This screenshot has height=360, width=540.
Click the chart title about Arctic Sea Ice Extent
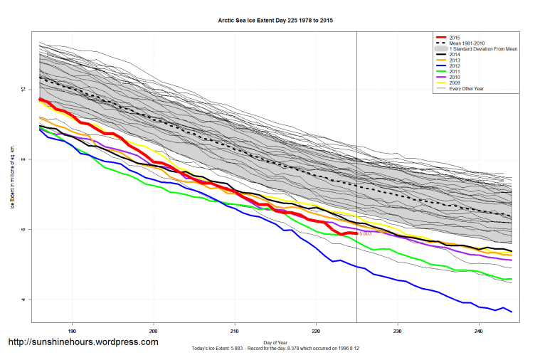click(x=275, y=21)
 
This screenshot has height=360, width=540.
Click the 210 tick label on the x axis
click(x=235, y=331)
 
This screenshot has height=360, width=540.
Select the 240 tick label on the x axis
click(x=479, y=331)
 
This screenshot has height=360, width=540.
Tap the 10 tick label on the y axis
click(x=23, y=90)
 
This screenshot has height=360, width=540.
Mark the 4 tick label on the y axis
click(x=23, y=300)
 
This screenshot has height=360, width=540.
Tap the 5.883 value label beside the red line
click(x=366, y=233)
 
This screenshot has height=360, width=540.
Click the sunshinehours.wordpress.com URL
click(x=83, y=342)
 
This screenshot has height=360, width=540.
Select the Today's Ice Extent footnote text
click(x=275, y=348)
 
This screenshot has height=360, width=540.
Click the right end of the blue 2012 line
click(x=512, y=311)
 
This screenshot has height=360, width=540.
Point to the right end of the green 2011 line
click(x=512, y=279)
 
